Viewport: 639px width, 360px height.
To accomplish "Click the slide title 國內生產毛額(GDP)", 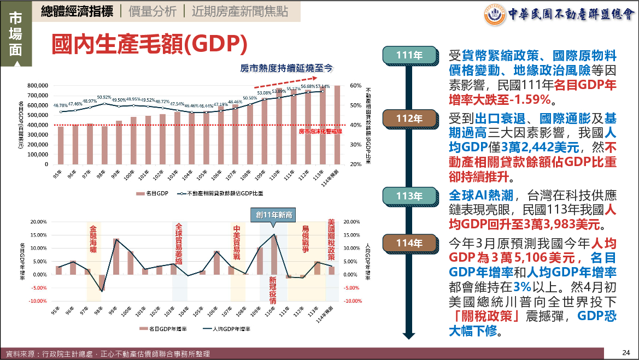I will click(150, 44).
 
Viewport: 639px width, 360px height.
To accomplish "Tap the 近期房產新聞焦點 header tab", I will click(239, 12).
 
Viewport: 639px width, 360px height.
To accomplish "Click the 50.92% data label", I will click(104, 98).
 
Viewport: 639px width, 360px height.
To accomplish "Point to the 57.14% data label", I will click(323, 86).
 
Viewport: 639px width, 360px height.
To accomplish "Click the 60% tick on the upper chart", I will click(355, 86).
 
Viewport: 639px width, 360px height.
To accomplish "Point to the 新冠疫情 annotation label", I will click(273, 290).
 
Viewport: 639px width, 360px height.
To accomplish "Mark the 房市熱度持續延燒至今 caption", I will click(286, 68).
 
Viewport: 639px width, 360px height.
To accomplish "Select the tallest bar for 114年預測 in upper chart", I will click(337, 125).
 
